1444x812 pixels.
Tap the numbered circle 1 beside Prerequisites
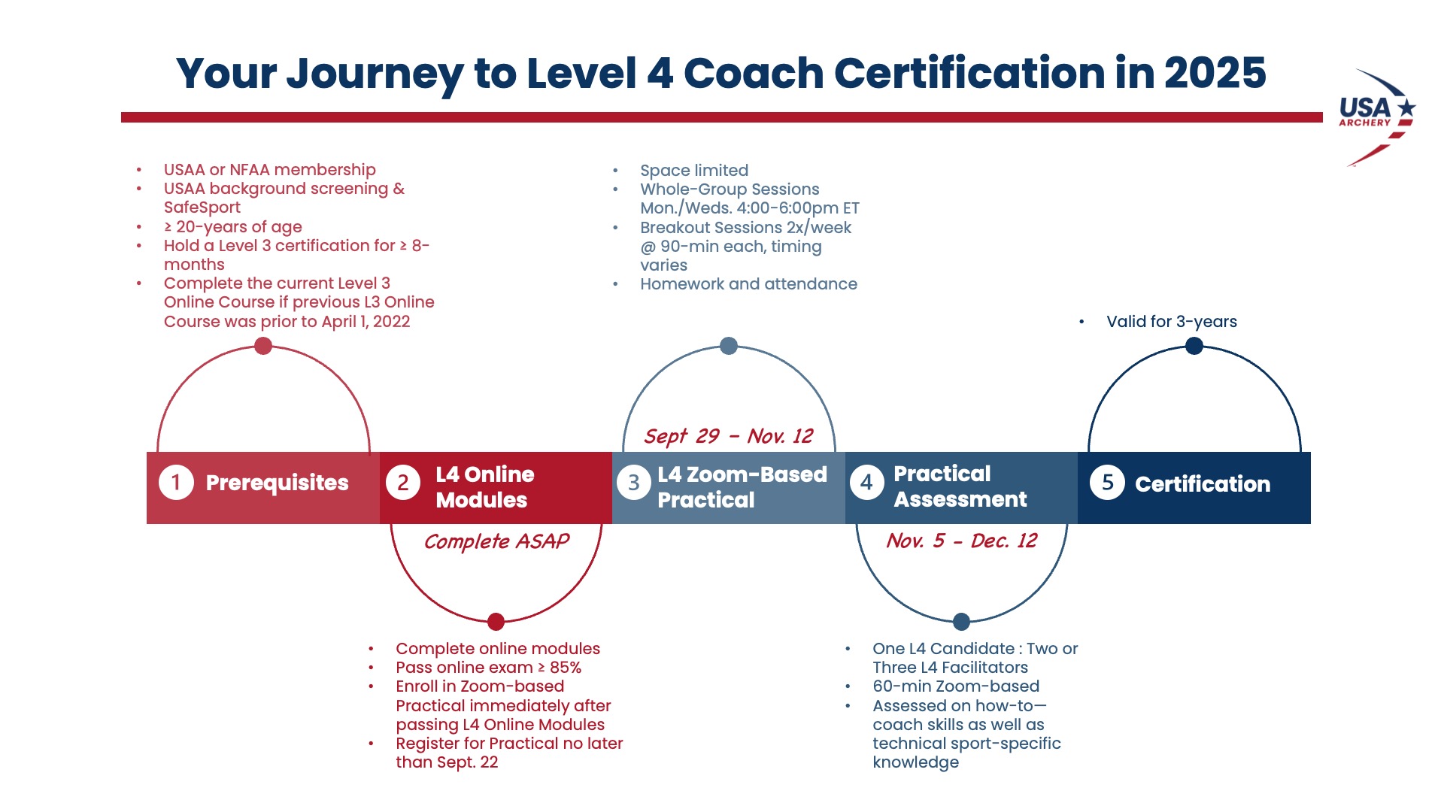176,482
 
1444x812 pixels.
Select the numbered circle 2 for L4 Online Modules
403,483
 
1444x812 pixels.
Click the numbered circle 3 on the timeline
634,483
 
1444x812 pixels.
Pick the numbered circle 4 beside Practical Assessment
867,482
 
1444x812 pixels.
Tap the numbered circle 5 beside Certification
1107,482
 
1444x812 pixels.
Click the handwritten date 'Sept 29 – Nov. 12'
728,436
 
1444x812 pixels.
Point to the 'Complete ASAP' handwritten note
496,541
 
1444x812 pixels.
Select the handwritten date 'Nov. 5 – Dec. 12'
961,541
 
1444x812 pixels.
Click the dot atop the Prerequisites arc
263,346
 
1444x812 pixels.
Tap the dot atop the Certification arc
1194,346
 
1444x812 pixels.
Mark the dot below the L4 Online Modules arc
496,622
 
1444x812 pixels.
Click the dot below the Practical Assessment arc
961,622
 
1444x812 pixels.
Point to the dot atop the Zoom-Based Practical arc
729,346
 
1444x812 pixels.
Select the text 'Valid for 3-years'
1171,322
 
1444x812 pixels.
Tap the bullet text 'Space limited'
694,171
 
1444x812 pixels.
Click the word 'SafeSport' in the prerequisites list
202,208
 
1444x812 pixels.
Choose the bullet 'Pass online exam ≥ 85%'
488,668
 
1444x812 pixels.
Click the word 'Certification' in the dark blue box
1203,484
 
